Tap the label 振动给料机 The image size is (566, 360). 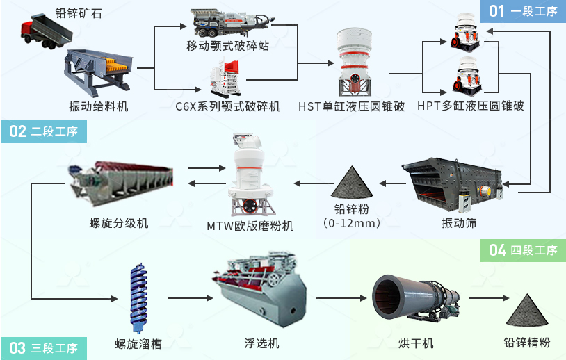click(x=99, y=106)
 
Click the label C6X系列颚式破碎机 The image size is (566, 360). click(x=228, y=106)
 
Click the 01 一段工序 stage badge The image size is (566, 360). click(x=523, y=10)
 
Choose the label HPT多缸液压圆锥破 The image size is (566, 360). click(x=470, y=106)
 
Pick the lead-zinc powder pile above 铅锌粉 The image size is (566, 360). click(x=354, y=183)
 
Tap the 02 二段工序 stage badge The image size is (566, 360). click(x=43, y=131)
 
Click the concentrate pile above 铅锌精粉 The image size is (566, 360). click(x=526, y=309)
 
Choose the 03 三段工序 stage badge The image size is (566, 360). click(x=43, y=347)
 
